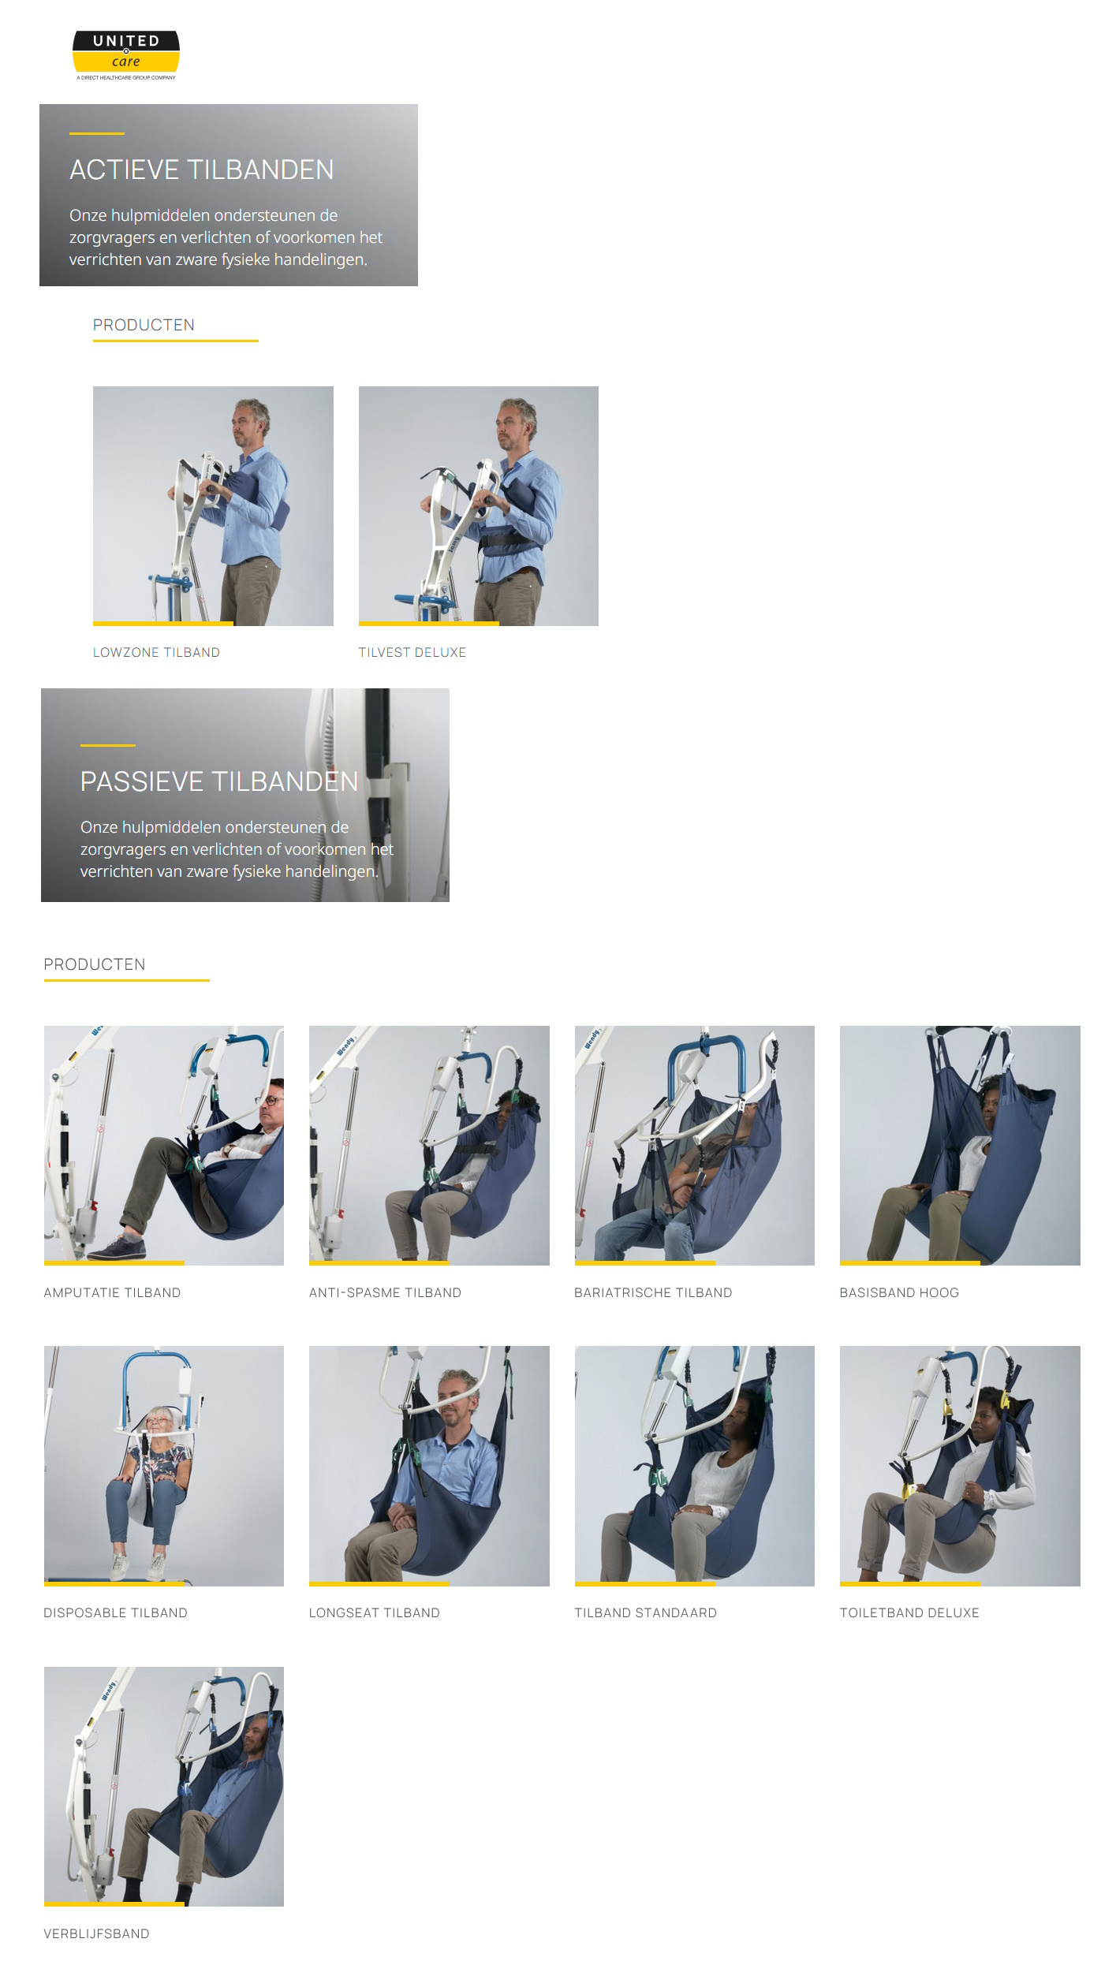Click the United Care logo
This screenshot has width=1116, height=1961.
click(x=126, y=54)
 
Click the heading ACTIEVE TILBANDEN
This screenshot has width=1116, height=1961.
click(x=201, y=170)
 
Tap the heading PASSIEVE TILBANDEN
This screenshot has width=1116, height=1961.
click(x=219, y=781)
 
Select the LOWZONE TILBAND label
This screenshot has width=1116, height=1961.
click(x=156, y=652)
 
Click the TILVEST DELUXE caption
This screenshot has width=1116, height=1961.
click(x=412, y=652)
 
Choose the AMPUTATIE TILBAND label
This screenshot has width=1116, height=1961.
click(x=112, y=1292)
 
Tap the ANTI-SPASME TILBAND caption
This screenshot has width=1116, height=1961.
click(x=385, y=1292)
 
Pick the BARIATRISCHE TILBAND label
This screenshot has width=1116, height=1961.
click(x=653, y=1292)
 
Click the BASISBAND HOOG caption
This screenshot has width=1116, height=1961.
click(x=899, y=1292)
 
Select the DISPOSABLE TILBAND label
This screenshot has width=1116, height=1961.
click(x=115, y=1612)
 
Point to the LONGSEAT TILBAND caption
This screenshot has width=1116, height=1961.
click(x=374, y=1612)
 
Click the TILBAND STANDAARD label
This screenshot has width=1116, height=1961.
click(x=645, y=1612)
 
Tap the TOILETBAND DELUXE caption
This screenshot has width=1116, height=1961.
click(x=909, y=1612)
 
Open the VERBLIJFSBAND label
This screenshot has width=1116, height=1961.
click(x=96, y=1933)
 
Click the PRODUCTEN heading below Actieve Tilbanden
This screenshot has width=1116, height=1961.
click(x=144, y=325)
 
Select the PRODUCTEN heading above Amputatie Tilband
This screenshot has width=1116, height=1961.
click(x=95, y=964)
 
